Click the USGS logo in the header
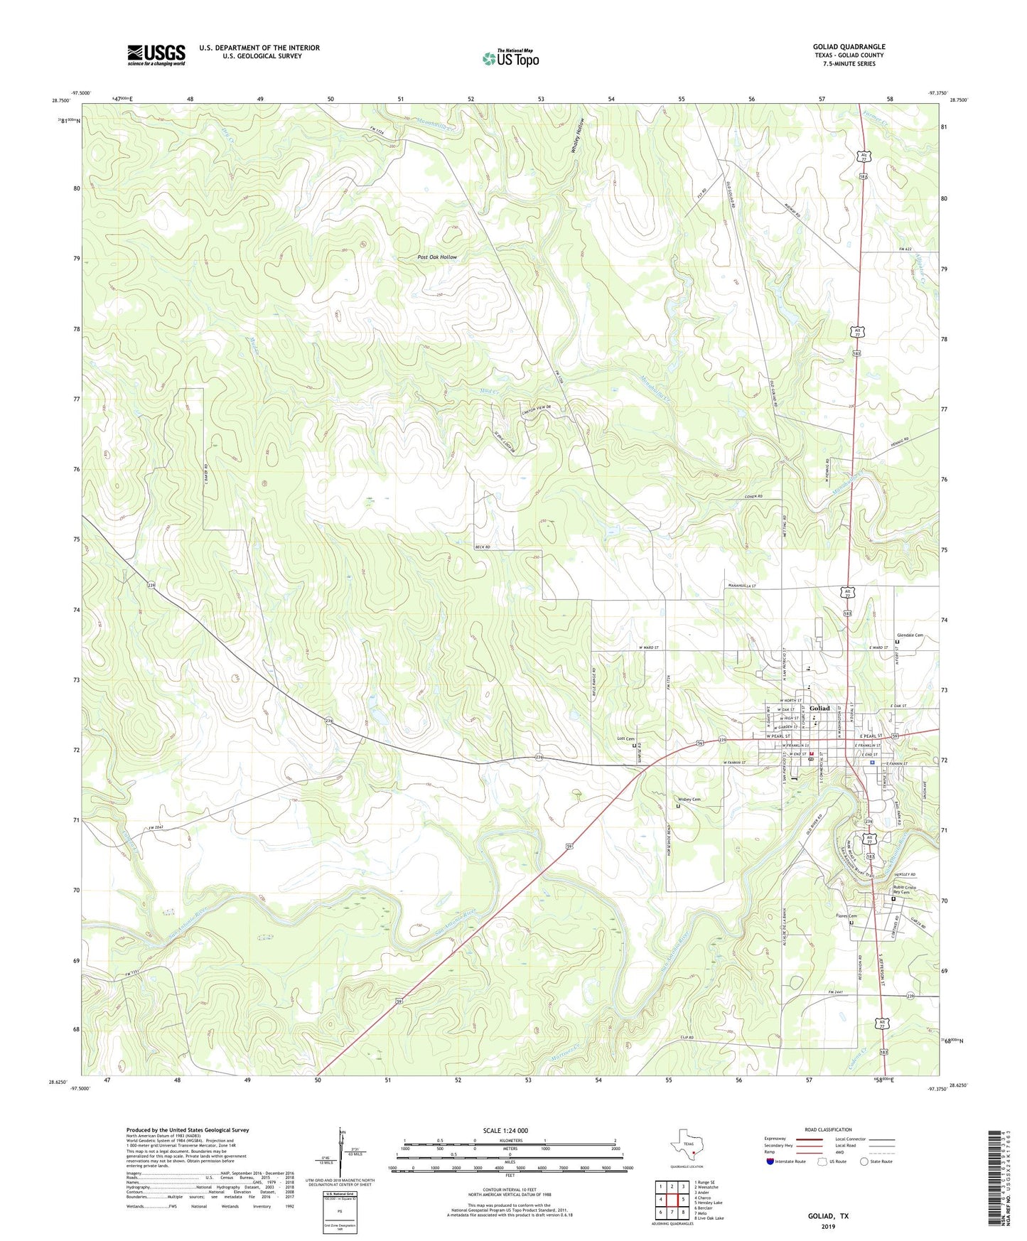point(156,55)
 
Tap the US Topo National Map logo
point(511,58)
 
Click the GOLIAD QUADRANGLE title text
point(849,47)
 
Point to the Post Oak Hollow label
point(437,257)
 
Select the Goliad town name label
point(819,708)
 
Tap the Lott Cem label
point(625,739)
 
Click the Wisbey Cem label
point(687,800)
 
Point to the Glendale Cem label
point(910,635)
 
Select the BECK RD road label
point(483,547)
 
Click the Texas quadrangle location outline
point(686,1146)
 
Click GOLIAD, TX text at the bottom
point(828,1216)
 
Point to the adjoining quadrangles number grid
point(671,1200)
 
